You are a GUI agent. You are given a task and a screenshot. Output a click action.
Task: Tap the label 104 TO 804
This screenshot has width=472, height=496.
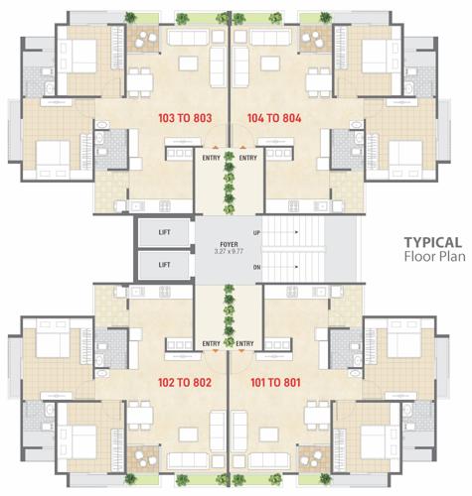[x=276, y=117]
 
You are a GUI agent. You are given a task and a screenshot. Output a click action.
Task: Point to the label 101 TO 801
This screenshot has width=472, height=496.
[x=276, y=380]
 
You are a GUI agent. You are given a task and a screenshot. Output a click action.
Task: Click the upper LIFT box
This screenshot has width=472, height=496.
[x=165, y=233]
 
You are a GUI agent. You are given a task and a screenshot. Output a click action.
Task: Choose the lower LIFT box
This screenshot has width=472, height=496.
[x=165, y=265]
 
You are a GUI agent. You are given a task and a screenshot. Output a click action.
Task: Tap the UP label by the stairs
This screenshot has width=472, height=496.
[x=256, y=232]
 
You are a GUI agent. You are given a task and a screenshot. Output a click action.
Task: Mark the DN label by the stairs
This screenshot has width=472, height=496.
[x=256, y=267]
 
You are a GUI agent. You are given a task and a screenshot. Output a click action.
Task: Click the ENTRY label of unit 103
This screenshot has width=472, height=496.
[x=211, y=157]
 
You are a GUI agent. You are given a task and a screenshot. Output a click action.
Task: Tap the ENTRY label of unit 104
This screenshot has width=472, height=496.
[x=248, y=157]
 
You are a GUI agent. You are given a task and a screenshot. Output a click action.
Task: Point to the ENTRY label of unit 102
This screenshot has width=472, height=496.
[x=211, y=343]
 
